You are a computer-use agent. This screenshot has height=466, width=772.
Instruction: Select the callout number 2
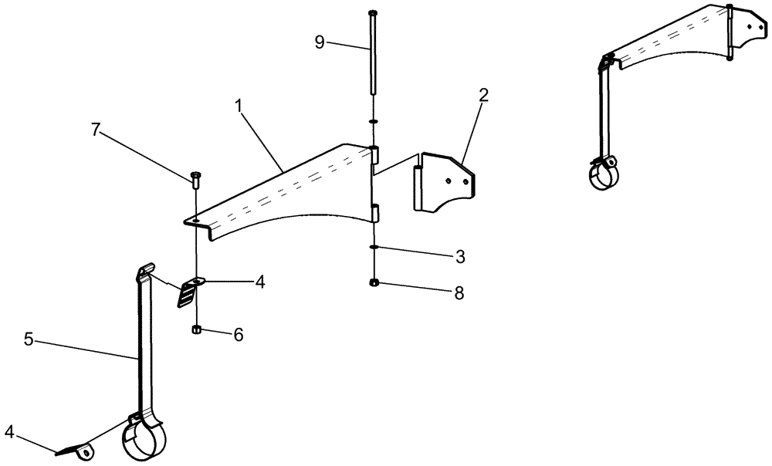click(483, 96)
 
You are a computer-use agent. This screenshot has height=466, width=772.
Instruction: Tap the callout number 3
click(460, 255)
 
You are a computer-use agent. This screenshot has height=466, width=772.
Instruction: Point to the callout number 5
click(29, 339)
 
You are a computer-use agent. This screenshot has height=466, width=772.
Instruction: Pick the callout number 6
click(239, 334)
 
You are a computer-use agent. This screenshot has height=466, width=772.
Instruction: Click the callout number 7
click(96, 130)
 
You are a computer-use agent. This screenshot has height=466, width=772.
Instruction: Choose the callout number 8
click(459, 293)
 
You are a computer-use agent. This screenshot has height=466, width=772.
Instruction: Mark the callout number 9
click(320, 42)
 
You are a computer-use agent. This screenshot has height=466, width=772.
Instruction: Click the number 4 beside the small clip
click(260, 283)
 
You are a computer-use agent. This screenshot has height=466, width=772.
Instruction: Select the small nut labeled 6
click(197, 330)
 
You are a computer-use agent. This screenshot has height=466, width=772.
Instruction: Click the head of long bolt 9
click(373, 13)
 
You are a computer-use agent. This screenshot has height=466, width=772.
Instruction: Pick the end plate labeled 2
click(443, 182)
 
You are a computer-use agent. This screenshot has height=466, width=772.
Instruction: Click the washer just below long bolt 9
click(373, 121)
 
